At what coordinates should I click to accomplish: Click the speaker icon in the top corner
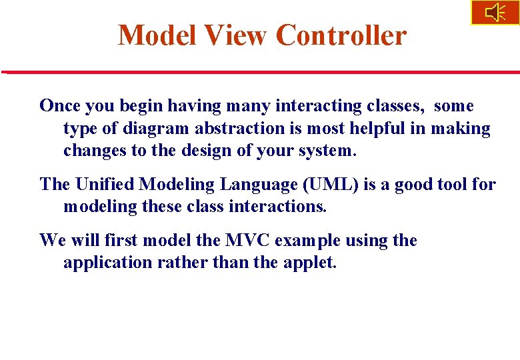(495, 13)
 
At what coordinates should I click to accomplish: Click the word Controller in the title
(341, 35)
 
